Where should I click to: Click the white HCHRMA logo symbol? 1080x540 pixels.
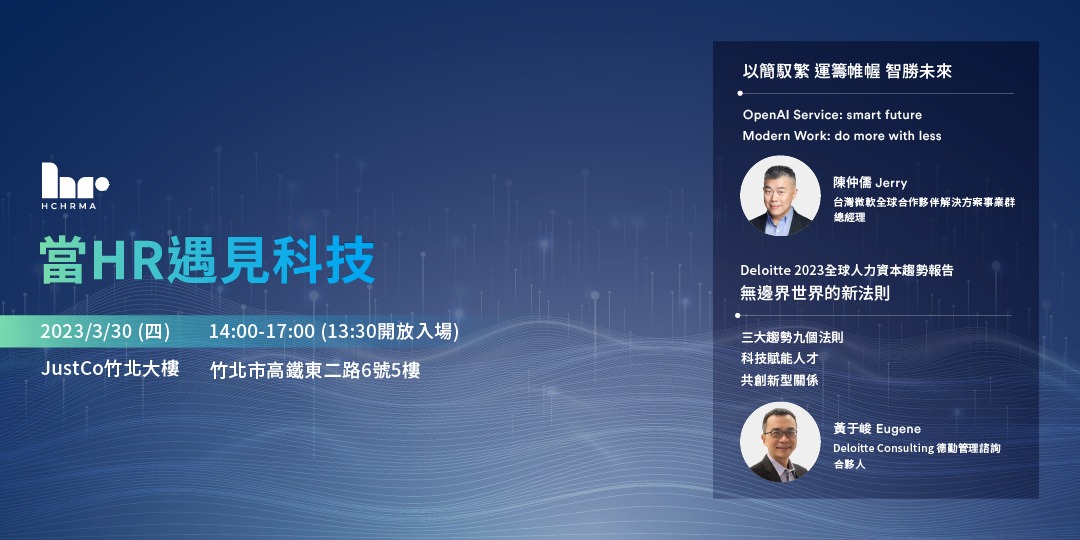click(74, 181)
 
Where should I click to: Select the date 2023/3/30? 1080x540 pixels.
click(88, 332)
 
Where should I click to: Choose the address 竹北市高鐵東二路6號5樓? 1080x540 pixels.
click(315, 370)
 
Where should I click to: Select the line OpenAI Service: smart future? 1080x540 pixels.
click(832, 115)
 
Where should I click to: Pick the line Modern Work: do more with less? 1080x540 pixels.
click(841, 136)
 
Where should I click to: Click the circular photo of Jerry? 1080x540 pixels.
click(779, 196)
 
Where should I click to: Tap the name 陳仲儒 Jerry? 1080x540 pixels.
click(870, 183)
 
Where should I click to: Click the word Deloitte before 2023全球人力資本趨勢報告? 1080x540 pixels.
click(765, 270)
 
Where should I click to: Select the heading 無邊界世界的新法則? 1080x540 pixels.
click(815, 294)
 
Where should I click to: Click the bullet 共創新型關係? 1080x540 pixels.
click(780, 381)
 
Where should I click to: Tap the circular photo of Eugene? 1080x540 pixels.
click(779, 441)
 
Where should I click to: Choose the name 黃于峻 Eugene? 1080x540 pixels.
click(877, 429)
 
